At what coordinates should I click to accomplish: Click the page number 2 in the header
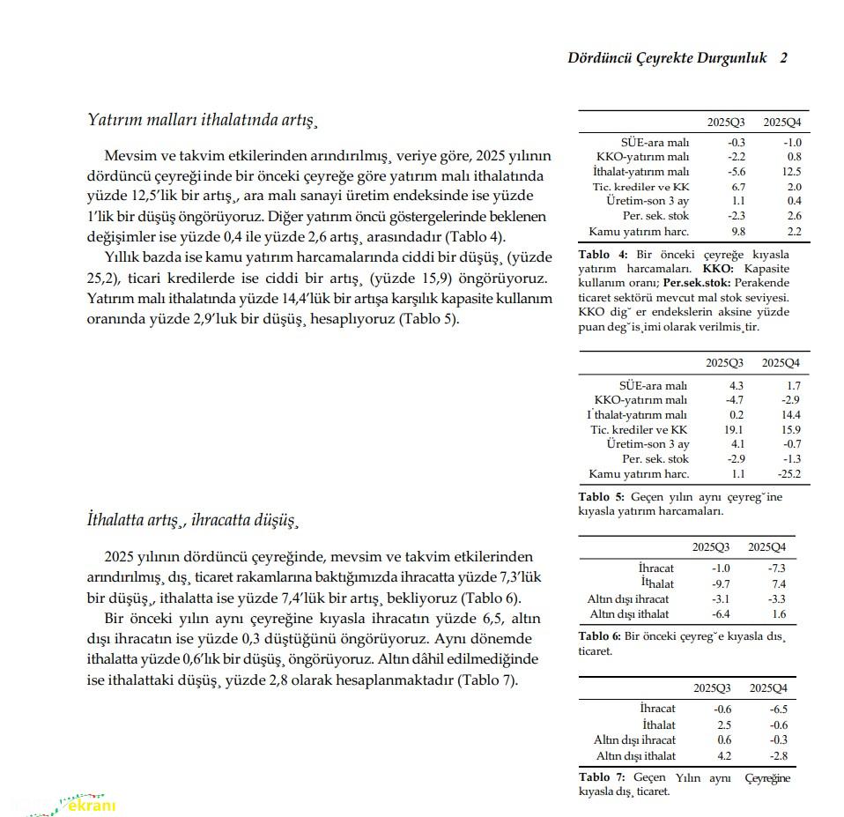[x=783, y=58]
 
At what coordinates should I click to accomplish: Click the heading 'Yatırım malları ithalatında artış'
[x=202, y=119]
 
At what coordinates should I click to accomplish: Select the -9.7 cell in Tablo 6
[x=722, y=583]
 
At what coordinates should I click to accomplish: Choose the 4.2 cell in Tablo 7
[x=723, y=755]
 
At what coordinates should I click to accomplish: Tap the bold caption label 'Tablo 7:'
[x=602, y=776]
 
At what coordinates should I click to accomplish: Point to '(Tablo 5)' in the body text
[x=428, y=319]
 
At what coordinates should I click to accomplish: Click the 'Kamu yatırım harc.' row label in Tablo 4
[x=639, y=232]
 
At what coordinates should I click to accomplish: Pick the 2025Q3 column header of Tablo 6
[x=712, y=546]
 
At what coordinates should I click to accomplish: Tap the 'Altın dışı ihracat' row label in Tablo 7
[x=634, y=740]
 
